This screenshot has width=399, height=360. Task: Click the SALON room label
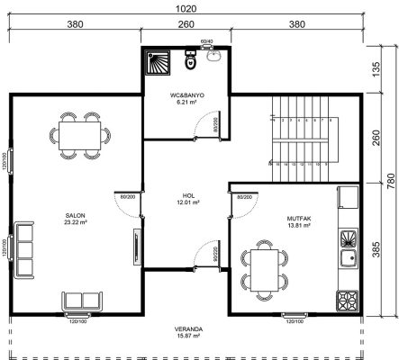coord(75,216)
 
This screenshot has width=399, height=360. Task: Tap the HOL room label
coord(188,195)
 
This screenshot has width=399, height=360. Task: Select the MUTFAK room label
coord(274,216)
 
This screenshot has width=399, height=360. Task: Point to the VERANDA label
coord(187,329)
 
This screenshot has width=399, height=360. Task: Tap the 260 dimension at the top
coord(187,25)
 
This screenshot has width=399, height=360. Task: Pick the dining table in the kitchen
coord(265,268)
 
